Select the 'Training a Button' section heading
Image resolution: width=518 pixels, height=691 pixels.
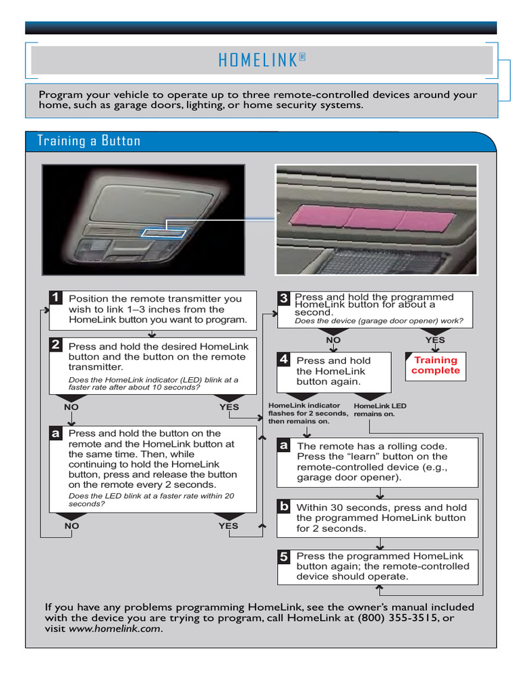88,141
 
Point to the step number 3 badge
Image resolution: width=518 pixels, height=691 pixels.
284,298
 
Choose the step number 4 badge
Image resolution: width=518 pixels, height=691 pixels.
284,360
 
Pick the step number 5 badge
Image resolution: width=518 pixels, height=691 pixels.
284,557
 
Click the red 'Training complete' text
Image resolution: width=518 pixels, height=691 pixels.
435,365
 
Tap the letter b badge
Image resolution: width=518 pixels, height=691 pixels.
284,506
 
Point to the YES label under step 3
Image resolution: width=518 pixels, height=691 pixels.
435,340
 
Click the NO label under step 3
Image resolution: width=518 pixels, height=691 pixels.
333,340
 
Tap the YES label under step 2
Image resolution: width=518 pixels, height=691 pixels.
229,407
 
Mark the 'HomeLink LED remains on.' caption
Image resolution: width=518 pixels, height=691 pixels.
380,410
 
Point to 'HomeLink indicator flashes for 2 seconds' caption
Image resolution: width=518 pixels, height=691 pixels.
308,413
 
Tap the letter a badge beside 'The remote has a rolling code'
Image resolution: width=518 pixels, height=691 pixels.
284,445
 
